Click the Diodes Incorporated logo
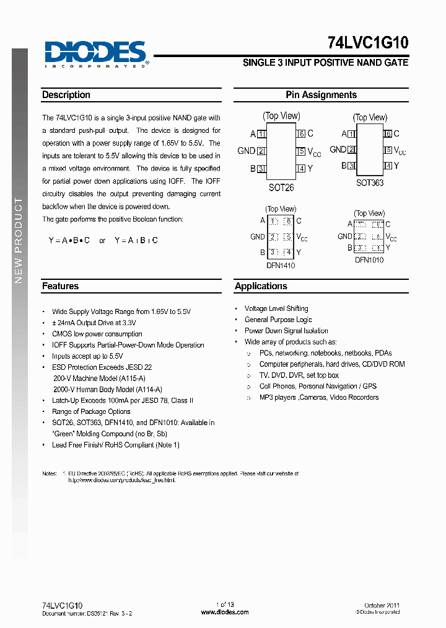(x=95, y=53)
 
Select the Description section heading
(x=66, y=95)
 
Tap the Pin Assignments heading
(x=321, y=95)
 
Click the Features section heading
(x=60, y=286)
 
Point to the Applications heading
(x=261, y=286)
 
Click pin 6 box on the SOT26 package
(x=301, y=133)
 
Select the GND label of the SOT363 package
(x=338, y=150)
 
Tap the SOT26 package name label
(x=281, y=187)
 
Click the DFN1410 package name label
(x=281, y=266)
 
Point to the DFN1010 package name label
(x=369, y=260)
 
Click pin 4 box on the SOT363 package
(x=388, y=166)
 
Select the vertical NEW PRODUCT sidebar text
(x=19, y=240)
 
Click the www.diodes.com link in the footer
(x=225, y=612)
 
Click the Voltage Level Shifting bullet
(x=276, y=308)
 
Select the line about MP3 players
(x=318, y=397)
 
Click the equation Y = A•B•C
(x=69, y=240)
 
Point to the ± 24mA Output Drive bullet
(x=94, y=323)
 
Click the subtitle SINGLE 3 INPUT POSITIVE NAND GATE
(x=325, y=63)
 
